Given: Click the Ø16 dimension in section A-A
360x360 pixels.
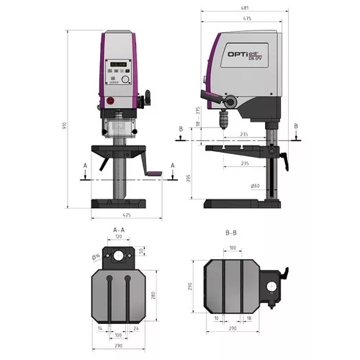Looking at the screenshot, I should tap(95, 257).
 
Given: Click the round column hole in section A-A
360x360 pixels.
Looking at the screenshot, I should tap(117, 257).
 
